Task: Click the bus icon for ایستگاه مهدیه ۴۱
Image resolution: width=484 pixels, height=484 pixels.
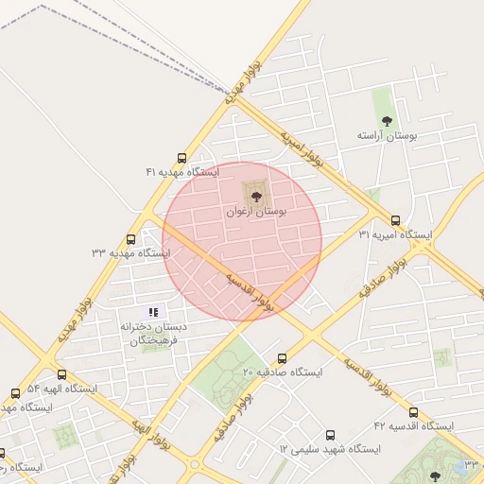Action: point(181,158)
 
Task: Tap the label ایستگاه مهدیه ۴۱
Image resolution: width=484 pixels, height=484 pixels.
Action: point(181,172)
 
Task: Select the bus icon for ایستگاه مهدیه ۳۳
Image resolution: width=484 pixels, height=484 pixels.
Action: point(130,239)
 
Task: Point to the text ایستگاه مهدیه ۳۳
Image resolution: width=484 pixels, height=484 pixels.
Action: point(130,253)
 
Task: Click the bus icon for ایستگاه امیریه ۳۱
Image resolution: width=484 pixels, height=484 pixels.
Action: point(395,220)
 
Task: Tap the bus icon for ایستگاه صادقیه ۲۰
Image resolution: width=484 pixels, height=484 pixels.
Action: point(282,358)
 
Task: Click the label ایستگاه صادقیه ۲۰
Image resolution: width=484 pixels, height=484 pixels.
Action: point(283,372)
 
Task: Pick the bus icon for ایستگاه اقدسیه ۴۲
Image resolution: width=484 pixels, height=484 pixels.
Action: point(413,412)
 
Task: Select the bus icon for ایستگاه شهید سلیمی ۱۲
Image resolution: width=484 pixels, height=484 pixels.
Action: point(330,435)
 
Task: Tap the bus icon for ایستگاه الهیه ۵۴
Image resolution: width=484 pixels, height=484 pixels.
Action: point(61,374)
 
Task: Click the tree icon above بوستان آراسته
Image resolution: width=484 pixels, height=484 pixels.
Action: point(386,120)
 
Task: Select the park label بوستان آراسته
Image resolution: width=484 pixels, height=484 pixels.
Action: point(387,136)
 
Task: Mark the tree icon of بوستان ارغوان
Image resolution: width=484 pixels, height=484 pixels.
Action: point(255,196)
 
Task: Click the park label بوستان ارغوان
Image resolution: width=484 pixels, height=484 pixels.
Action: point(255,212)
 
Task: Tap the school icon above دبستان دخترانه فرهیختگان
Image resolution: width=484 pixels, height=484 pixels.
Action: point(153,312)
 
